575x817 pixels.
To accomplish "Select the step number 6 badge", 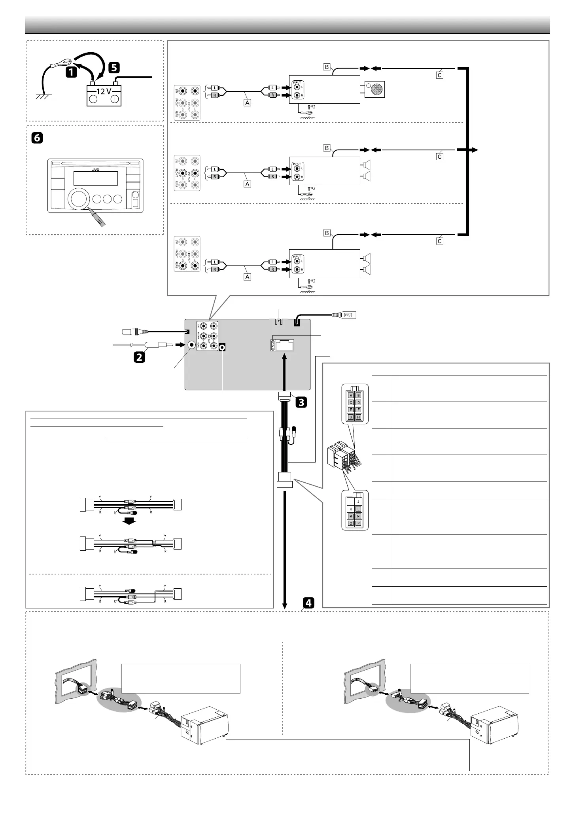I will click(x=36, y=138).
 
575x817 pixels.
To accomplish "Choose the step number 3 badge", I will click(x=301, y=402).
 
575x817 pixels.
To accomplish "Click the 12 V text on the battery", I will click(x=104, y=91).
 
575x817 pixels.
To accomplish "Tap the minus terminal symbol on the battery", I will click(x=93, y=99).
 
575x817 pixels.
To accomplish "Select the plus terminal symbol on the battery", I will click(x=115, y=99).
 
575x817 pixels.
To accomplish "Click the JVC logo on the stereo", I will click(x=96, y=170).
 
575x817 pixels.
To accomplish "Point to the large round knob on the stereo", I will click(x=81, y=199).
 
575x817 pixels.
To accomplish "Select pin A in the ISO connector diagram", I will click(x=350, y=395).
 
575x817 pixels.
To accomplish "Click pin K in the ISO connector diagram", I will click(x=350, y=509).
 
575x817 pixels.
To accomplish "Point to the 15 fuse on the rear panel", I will click(x=273, y=345).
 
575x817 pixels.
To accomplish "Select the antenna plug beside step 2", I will click(x=158, y=345).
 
